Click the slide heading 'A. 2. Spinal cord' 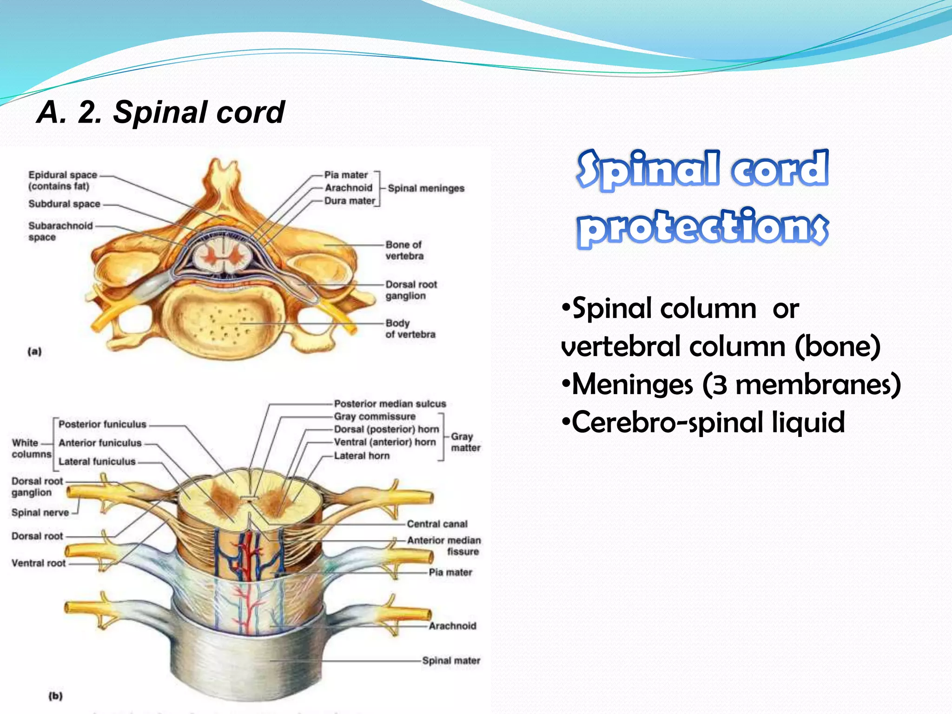[x=160, y=112]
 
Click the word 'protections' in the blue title [x=702, y=228]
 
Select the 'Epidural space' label [x=63, y=175]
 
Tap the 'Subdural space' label [x=64, y=204]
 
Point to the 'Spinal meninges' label [x=426, y=188]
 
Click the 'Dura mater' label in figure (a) [x=350, y=201]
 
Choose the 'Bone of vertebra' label [x=404, y=250]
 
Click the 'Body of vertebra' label [x=410, y=329]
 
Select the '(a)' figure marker [x=34, y=351]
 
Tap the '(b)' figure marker [x=55, y=696]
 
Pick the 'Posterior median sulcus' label [x=390, y=404]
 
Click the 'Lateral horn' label [x=362, y=456]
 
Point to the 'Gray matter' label [x=465, y=442]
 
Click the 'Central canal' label [x=437, y=524]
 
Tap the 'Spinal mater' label [x=450, y=661]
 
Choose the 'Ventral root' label [x=39, y=563]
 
